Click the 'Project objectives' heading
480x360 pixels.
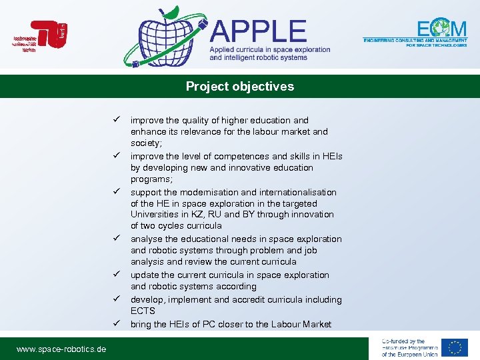click(239, 87)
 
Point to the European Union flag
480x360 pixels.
click(455, 347)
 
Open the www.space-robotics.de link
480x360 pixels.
click(61, 349)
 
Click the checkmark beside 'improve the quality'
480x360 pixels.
click(115, 120)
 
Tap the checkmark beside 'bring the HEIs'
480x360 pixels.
click(115, 324)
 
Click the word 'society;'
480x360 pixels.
click(146, 143)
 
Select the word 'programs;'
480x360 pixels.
click(151, 179)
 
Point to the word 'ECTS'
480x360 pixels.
click(143, 311)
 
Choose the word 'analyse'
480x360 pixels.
click(147, 239)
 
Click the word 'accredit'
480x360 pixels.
click(251, 299)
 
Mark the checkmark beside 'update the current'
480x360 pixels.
click(115, 275)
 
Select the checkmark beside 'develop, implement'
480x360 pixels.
click(115, 299)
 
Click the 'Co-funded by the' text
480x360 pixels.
click(403, 341)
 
